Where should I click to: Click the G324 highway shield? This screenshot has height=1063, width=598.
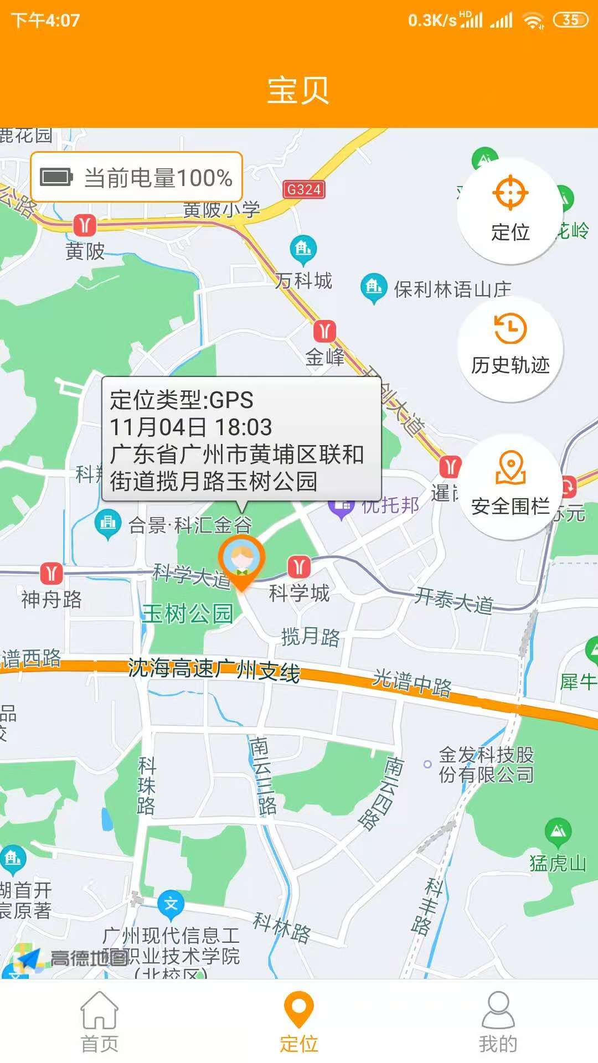click(303, 189)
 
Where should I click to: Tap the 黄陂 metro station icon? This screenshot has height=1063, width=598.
click(85, 225)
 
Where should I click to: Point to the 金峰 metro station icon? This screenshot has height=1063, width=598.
click(324, 331)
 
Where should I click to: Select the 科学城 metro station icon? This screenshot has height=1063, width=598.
click(299, 566)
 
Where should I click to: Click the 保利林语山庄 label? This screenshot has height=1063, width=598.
click(452, 289)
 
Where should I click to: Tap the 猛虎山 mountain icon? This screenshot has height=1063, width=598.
click(558, 830)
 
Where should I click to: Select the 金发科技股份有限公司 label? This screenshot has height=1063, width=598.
click(486, 765)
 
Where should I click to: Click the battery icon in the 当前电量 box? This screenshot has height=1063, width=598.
click(56, 178)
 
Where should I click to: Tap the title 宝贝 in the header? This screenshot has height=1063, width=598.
click(298, 90)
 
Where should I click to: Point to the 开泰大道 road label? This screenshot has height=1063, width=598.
click(453, 600)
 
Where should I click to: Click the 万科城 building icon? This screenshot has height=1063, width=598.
click(303, 248)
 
